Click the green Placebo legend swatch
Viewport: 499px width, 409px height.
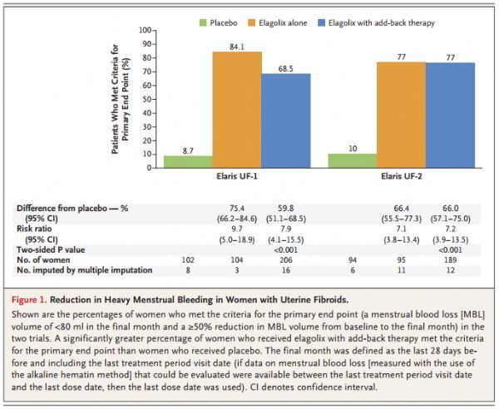203,23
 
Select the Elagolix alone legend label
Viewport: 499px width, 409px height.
283,23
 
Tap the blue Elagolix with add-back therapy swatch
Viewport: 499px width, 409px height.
321,23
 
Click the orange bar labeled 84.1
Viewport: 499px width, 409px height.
237,110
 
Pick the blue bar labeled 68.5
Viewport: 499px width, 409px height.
286,121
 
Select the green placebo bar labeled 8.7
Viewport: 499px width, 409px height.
188,162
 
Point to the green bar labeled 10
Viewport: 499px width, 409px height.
353,161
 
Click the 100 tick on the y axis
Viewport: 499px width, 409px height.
145,30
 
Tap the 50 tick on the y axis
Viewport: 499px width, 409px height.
146,99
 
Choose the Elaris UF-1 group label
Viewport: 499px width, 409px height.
237,176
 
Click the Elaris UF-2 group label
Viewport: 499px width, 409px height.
402,176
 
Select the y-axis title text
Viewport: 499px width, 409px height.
121,99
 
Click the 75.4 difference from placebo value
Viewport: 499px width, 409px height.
237,209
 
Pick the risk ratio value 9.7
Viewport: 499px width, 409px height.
237,229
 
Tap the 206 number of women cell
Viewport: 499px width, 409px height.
286,260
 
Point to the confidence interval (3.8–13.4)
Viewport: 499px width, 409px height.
402,239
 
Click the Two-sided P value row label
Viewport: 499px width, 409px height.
51,249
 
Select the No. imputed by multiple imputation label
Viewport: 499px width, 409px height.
84,270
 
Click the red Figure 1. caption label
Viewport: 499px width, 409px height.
29,299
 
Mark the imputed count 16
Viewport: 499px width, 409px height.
286,270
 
